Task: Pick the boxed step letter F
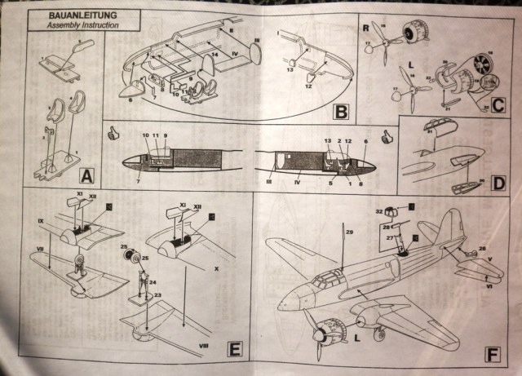pos(492,355)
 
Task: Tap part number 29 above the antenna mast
pos(347,234)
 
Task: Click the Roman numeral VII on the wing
pos(39,247)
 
